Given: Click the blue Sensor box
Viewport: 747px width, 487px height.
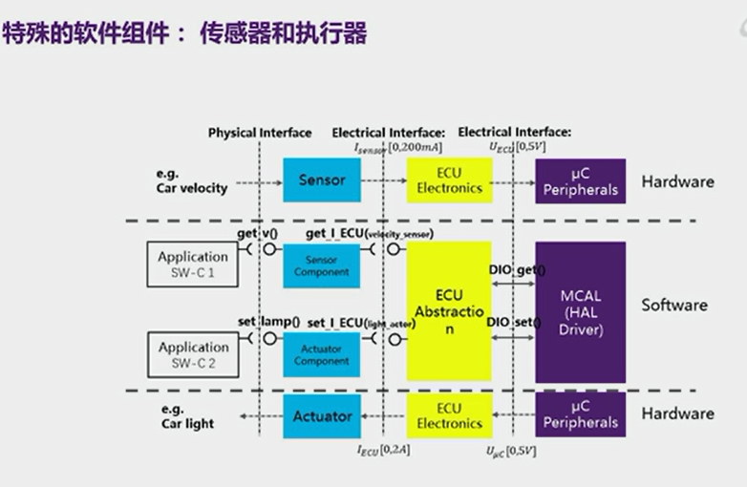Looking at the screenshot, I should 321,180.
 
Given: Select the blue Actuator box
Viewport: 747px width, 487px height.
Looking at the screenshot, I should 321,415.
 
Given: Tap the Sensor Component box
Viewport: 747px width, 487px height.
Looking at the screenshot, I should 321,265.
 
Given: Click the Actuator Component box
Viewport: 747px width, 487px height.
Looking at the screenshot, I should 321,354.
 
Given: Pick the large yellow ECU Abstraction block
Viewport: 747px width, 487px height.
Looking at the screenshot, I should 447,311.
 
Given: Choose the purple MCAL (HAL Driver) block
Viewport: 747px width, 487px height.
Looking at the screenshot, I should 580,311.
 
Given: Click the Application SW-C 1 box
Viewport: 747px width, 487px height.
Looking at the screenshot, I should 193,264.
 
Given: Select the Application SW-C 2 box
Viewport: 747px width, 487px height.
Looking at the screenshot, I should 193,354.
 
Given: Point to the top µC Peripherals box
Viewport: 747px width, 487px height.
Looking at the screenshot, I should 580,181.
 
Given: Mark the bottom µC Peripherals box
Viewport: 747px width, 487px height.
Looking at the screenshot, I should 580,415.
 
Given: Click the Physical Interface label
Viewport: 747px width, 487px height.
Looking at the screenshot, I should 260,133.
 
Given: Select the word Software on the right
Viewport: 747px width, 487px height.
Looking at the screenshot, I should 674,306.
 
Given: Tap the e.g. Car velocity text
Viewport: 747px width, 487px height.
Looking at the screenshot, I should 192,181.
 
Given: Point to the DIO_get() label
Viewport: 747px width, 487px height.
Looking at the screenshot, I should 516,270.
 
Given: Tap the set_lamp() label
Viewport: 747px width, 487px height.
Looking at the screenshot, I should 268,322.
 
